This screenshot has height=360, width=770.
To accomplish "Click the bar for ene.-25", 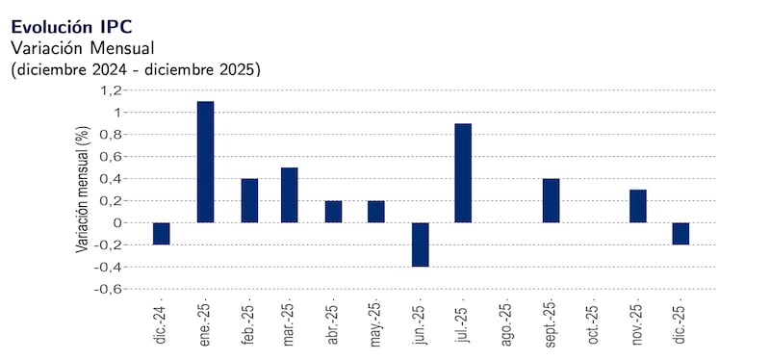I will (205, 162).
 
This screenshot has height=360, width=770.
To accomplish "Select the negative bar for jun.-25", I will (420, 244).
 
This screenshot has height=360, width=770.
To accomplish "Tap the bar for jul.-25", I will (463, 173).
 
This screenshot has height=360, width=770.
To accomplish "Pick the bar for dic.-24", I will (161, 234).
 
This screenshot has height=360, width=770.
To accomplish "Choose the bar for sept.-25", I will (551, 200).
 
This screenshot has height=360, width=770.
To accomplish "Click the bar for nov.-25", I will (637, 206).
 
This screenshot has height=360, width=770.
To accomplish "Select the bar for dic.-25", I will (680, 234).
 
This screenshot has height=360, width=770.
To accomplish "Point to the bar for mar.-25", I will (290, 195).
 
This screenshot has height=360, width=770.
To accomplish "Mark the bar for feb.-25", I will (249, 200).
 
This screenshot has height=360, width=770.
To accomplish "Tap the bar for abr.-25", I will (333, 212).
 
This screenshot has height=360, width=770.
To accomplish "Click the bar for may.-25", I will (376, 212).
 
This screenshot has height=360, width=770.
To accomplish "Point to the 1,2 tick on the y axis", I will (111, 90).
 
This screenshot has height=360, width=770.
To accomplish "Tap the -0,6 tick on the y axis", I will (109, 289).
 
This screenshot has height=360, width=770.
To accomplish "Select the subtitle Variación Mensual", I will (82, 47).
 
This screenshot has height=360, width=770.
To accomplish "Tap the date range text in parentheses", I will (136, 69).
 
